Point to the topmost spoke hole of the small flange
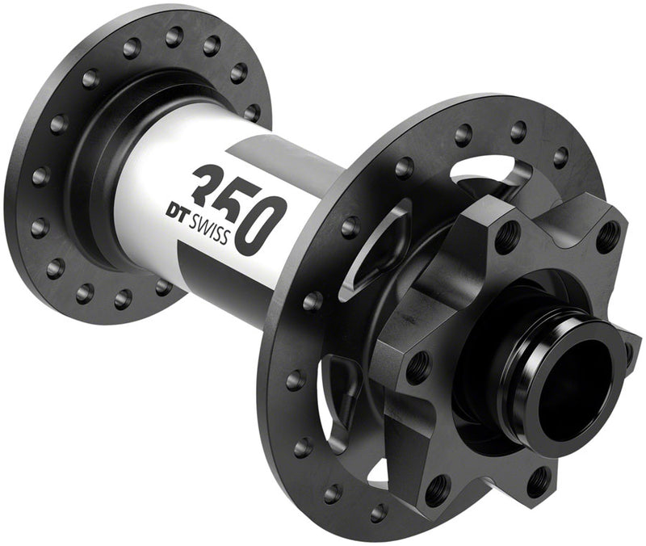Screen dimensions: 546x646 point(174,36)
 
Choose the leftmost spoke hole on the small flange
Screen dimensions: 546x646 point(36,175)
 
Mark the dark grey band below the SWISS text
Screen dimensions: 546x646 point(234,271)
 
